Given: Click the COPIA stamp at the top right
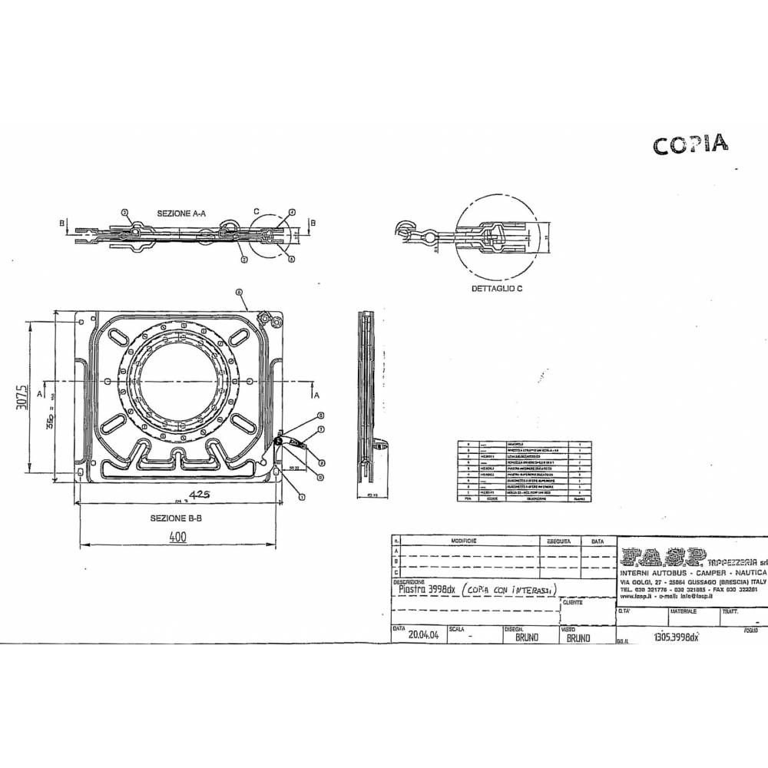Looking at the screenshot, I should coord(690,145).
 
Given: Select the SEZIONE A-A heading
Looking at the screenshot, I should coord(181,212).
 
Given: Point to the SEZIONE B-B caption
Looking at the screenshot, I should coord(177,518).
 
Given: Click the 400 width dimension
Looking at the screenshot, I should coord(178,538).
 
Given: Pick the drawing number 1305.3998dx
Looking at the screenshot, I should coord(675,637).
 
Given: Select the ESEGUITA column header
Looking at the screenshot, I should coord(558,541).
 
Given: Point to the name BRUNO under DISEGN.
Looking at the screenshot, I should coord(527,637).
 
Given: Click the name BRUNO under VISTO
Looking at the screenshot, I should coord(578,637).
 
